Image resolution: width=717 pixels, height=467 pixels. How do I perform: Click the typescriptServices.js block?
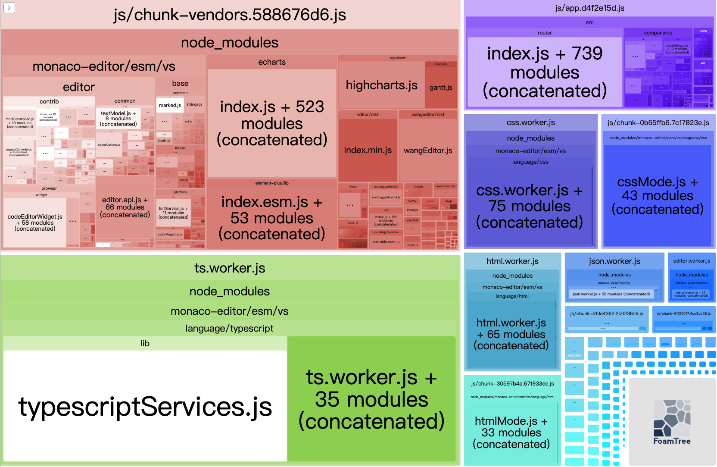click(x=145, y=406)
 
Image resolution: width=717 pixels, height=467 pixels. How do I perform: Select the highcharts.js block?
click(x=381, y=85)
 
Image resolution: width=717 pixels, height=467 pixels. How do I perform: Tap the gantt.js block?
click(x=441, y=88)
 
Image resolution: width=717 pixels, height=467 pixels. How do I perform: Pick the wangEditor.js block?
click(x=428, y=150)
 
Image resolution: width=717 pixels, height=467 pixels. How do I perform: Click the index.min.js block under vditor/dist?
click(x=368, y=150)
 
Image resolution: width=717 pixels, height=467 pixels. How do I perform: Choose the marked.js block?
click(x=170, y=105)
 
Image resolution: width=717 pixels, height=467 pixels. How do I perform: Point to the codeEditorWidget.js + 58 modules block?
click(x=35, y=223)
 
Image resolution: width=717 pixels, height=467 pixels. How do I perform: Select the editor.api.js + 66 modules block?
click(x=125, y=207)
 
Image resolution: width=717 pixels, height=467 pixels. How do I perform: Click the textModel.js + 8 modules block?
click(x=118, y=119)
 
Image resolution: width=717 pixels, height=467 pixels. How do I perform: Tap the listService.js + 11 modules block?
click(x=173, y=213)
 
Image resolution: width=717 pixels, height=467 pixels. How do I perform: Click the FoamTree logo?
click(x=671, y=422)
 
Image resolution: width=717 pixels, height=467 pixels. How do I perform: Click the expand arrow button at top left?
click(x=9, y=8)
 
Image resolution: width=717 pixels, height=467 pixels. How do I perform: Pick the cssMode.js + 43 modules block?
click(x=658, y=195)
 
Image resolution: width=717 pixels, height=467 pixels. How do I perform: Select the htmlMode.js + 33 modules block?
click(x=511, y=433)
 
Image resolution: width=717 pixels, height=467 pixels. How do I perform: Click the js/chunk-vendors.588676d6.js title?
click(x=230, y=15)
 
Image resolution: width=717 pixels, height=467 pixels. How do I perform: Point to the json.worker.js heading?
click(x=614, y=261)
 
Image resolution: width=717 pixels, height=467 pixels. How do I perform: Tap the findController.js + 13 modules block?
click(x=20, y=123)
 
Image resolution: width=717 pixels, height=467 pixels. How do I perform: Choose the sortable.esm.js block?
click(x=386, y=242)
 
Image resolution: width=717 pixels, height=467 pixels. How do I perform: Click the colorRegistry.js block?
click(x=170, y=234)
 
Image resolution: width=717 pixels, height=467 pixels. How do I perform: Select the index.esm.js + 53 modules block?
click(x=271, y=218)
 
